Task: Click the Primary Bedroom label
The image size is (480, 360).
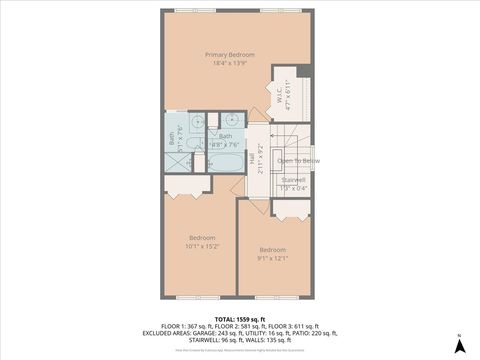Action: (230, 54)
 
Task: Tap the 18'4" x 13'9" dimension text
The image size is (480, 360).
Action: (230, 64)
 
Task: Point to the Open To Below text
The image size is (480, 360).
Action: (298, 160)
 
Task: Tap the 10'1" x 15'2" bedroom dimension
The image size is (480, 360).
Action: (202, 246)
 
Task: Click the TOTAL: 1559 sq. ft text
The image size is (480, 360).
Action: (240, 318)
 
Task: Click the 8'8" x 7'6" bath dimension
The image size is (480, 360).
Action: (227, 143)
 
